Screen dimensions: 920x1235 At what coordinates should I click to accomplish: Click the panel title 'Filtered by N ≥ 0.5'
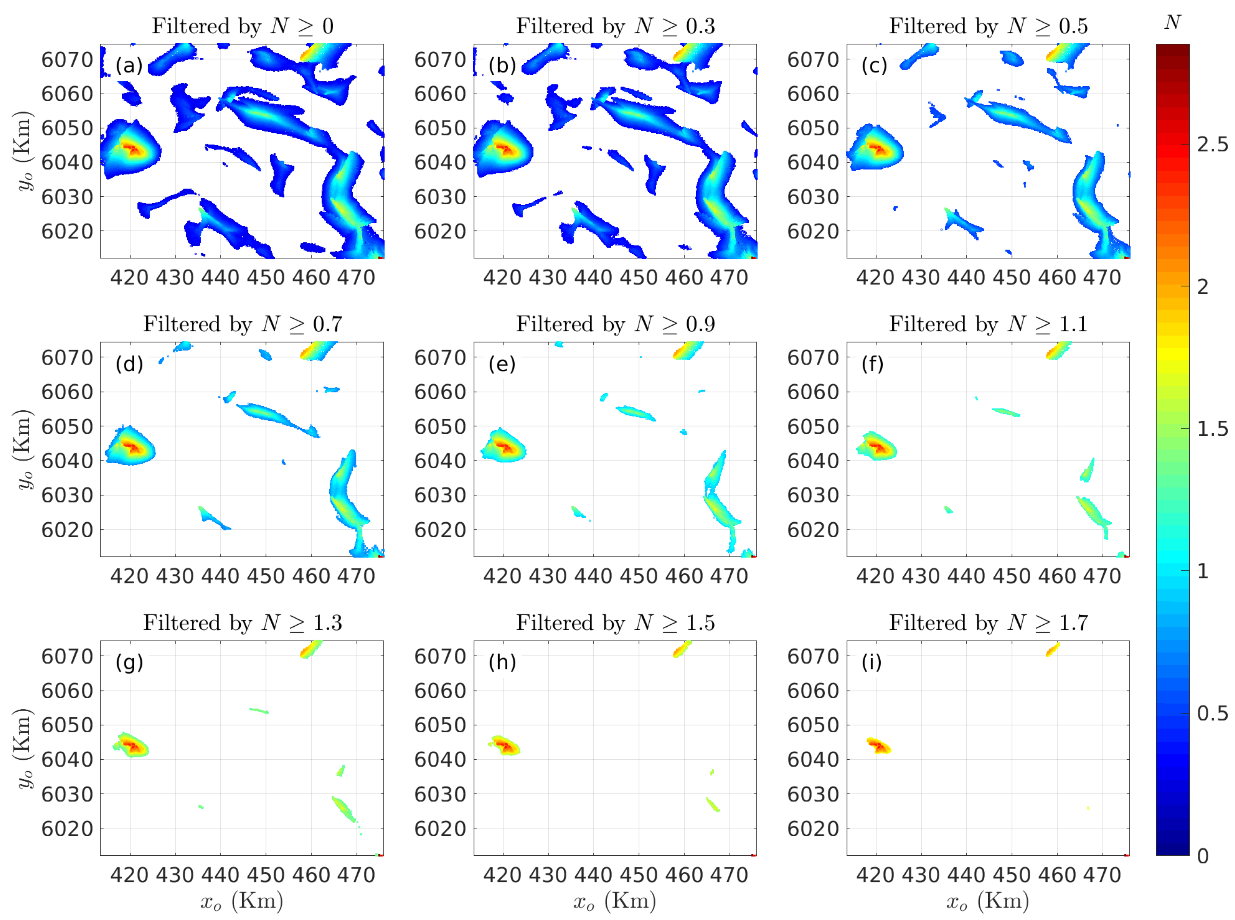(x=988, y=26)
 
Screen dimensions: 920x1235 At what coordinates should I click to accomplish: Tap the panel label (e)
(x=502, y=364)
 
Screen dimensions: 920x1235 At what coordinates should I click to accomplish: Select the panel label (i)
(x=871, y=662)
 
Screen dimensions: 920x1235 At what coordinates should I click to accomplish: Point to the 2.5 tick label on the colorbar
(x=1212, y=145)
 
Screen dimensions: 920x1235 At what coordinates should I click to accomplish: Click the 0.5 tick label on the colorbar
(x=1212, y=713)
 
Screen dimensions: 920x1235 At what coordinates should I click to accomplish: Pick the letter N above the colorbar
(x=1172, y=22)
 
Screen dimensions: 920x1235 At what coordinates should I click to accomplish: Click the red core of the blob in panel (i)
(x=879, y=746)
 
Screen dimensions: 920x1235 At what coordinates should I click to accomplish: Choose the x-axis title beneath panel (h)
(x=615, y=901)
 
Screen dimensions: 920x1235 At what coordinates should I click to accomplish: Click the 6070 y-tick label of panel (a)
(x=67, y=59)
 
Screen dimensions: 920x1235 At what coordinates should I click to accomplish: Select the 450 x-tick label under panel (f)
(x=1011, y=576)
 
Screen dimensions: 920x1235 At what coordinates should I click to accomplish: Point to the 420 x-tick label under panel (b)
(x=502, y=278)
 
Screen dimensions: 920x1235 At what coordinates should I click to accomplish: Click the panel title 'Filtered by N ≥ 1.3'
(x=242, y=623)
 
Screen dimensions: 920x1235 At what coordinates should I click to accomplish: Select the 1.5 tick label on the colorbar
(x=1212, y=429)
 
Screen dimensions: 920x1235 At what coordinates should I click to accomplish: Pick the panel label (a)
(x=129, y=66)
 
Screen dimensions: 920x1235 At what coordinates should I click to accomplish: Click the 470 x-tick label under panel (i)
(x=1102, y=875)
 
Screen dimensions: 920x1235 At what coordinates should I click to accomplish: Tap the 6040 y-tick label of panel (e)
(x=440, y=461)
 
